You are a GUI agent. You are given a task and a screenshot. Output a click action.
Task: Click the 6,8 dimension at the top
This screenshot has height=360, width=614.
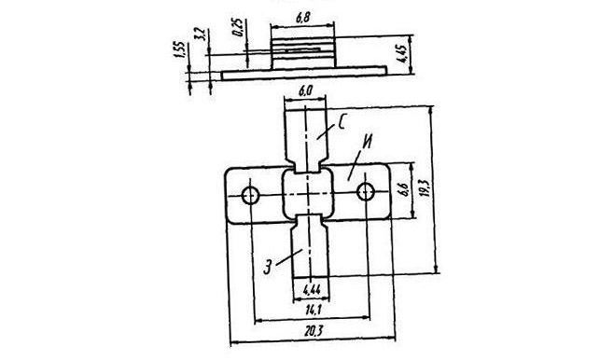(x=303, y=18)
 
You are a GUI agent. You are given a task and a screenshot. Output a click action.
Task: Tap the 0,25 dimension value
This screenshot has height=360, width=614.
(x=238, y=27)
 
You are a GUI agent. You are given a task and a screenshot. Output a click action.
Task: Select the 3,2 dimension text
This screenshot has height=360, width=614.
(x=200, y=35)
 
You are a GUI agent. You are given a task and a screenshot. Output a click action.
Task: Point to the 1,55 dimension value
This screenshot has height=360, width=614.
(x=179, y=50)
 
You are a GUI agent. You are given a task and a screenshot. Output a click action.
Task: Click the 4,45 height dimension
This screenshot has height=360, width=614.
(x=401, y=54)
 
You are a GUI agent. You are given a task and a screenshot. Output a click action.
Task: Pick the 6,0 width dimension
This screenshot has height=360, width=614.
(x=305, y=91)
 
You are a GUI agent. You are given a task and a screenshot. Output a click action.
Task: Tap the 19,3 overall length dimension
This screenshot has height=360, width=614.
(x=426, y=188)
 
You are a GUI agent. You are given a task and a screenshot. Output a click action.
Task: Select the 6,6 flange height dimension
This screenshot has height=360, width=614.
(x=404, y=190)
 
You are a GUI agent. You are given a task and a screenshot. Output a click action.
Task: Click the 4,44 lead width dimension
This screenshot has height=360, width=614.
(x=312, y=290)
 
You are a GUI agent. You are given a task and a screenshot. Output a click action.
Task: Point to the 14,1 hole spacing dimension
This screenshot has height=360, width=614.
(x=314, y=311)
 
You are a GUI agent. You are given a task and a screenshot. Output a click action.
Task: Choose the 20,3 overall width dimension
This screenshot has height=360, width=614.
(x=314, y=331)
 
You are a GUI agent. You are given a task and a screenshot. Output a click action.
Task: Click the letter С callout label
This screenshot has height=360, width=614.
(x=342, y=122)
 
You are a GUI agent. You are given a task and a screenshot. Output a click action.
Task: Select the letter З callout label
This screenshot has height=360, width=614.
(x=268, y=266)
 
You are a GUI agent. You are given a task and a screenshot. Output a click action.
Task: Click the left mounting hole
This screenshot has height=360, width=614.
(x=250, y=195)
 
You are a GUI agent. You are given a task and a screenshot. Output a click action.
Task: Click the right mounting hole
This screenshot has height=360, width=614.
(x=366, y=192)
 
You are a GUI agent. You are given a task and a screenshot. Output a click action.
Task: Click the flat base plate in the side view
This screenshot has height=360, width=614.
(x=304, y=73)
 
